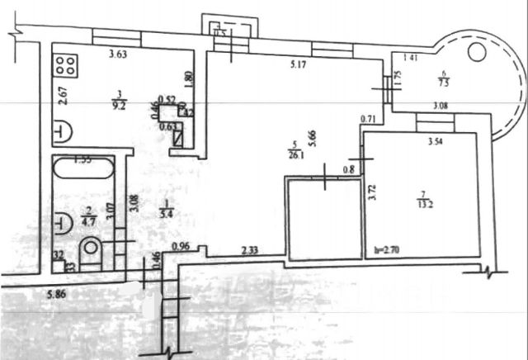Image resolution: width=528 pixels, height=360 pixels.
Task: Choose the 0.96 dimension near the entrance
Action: click(x=182, y=246)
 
